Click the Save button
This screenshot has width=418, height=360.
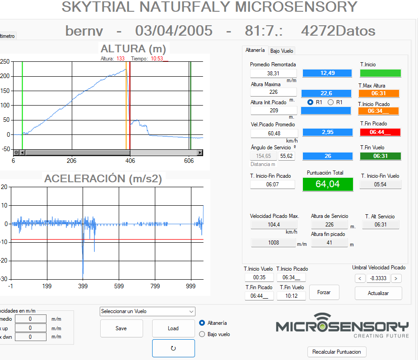click(121, 328)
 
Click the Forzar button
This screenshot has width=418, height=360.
click(324, 292)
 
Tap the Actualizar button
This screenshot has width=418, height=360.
click(378, 293)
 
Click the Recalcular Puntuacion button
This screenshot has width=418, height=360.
click(337, 352)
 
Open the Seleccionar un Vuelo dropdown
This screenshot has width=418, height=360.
click(148, 311)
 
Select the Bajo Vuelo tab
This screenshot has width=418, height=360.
click(282, 51)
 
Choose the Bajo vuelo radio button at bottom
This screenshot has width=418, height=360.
click(202, 334)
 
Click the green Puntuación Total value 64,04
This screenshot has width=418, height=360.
click(328, 184)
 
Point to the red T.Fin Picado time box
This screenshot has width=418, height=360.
click(380, 132)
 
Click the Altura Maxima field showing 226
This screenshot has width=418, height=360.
click(274, 92)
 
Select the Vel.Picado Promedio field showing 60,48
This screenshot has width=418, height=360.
click(274, 133)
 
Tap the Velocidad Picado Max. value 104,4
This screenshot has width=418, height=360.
click(274, 225)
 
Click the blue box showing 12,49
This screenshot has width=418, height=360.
click(327, 73)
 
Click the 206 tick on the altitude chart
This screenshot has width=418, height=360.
click(71, 161)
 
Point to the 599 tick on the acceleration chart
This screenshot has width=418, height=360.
click(119, 286)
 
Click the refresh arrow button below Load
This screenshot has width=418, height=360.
click(173, 348)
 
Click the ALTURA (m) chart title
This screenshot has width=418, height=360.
click(133, 49)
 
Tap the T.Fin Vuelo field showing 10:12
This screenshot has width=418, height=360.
click(291, 296)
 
